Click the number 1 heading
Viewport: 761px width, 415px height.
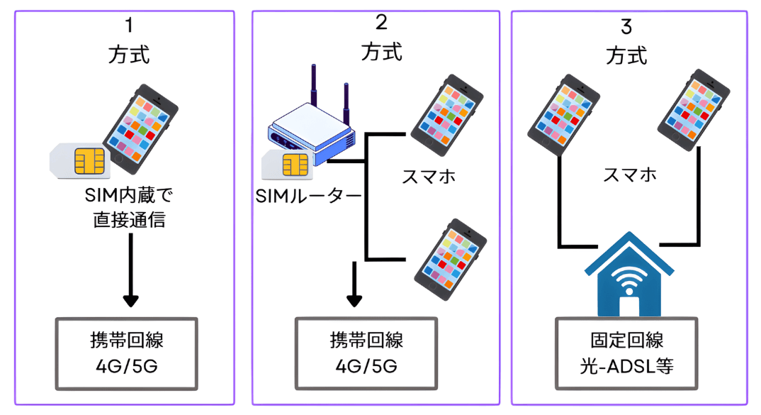click(128, 26)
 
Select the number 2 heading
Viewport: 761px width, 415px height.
click(381, 23)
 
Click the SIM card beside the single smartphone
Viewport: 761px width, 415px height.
click(79, 159)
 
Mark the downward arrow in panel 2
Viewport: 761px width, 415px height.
click(354, 284)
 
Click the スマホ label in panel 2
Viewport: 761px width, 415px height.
click(429, 175)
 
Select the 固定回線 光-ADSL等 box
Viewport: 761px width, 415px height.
click(626, 352)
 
